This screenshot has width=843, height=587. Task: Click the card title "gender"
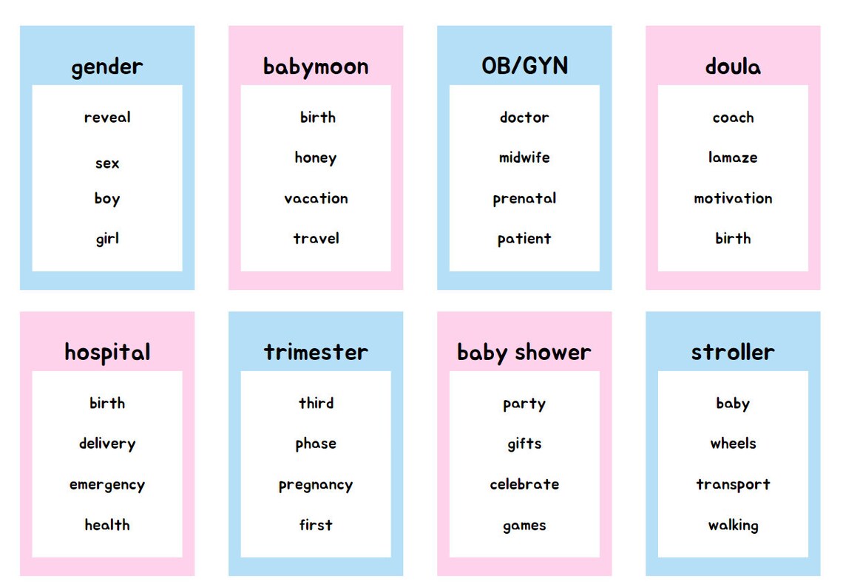107,67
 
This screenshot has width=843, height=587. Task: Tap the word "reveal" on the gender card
107,118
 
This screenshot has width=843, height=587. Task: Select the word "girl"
107,239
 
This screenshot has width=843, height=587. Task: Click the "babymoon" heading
316,67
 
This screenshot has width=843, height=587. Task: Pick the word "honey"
316,157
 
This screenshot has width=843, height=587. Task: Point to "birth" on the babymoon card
317,118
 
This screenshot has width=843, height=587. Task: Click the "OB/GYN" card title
524,66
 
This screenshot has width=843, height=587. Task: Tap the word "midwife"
524,157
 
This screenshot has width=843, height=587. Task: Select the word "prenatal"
524,198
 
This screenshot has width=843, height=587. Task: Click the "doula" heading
733,67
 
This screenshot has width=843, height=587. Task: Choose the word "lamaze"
733,157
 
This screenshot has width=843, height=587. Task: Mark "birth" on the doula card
733,239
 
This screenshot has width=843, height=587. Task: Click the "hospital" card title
107,353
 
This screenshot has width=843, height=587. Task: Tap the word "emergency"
107,485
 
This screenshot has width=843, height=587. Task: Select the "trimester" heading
316,352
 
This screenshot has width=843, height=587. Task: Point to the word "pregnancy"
316,485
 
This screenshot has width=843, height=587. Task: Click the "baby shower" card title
524,353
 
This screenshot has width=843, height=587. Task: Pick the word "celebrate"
524,484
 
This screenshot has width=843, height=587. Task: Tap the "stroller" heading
733,352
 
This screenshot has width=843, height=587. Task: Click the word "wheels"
733,444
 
